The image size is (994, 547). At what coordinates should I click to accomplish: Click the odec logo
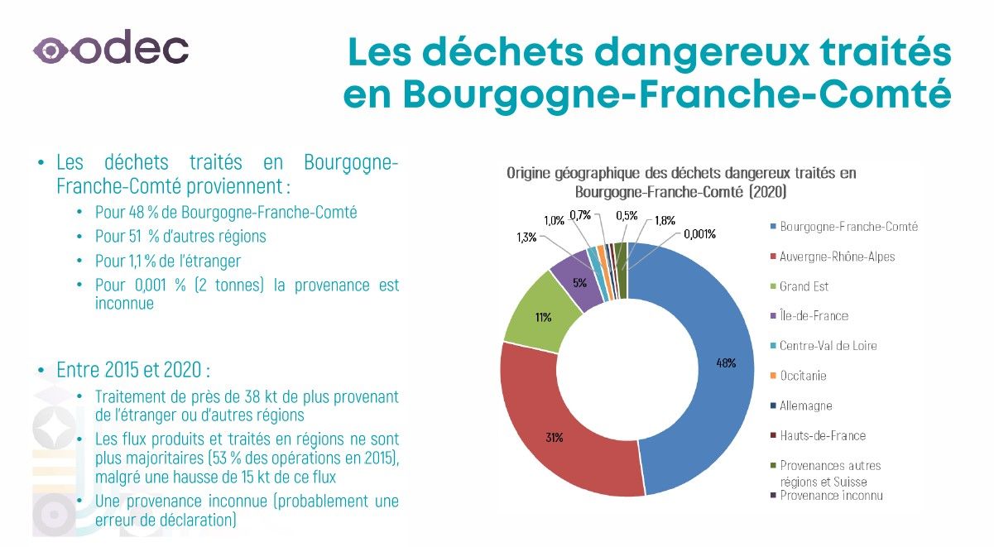[x=110, y=49]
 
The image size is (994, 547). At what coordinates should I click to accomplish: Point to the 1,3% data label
[x=526, y=237]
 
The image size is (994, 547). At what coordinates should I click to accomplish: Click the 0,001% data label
[x=699, y=234]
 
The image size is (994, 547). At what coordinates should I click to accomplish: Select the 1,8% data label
[x=664, y=220]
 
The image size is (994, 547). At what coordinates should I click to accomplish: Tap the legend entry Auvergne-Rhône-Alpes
[x=837, y=257]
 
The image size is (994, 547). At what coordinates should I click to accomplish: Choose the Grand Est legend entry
[x=804, y=286]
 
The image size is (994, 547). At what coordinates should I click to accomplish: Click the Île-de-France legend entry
[x=814, y=316]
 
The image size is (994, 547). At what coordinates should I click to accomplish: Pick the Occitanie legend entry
[x=803, y=376]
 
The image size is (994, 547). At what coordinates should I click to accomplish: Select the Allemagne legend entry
[x=805, y=405]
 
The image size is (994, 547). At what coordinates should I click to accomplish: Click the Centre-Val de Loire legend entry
[x=828, y=346]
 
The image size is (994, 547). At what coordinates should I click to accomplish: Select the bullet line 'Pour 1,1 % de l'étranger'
[x=168, y=261]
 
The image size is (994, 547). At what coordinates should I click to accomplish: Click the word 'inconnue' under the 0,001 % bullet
[x=124, y=304]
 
